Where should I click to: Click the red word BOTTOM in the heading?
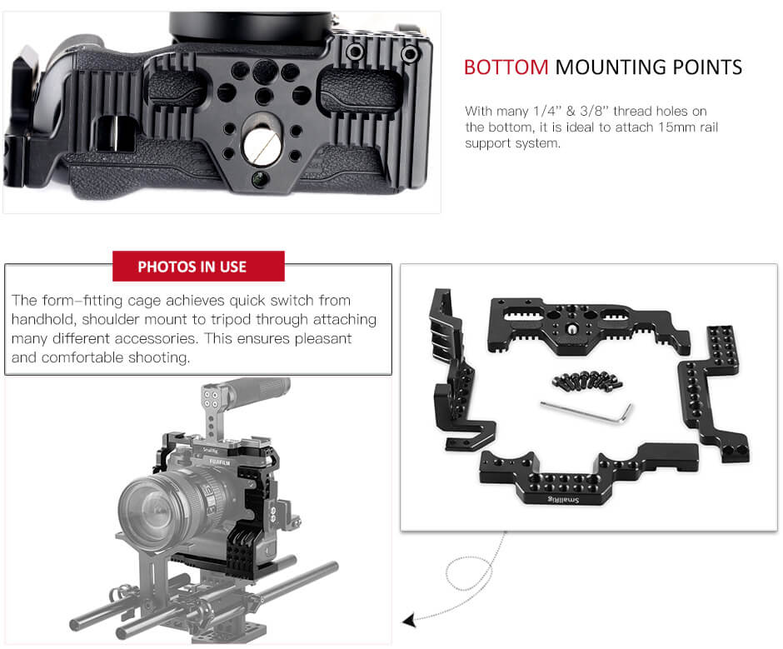(506, 67)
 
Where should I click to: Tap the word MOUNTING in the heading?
(611, 67)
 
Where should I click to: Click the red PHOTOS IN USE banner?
(198, 266)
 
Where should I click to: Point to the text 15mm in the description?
(676, 127)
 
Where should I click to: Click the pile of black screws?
(587, 382)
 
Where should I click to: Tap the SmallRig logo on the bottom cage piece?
(563, 499)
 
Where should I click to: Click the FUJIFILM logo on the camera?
(220, 462)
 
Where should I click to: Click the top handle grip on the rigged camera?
(257, 388)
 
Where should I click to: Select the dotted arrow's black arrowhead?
(409, 621)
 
